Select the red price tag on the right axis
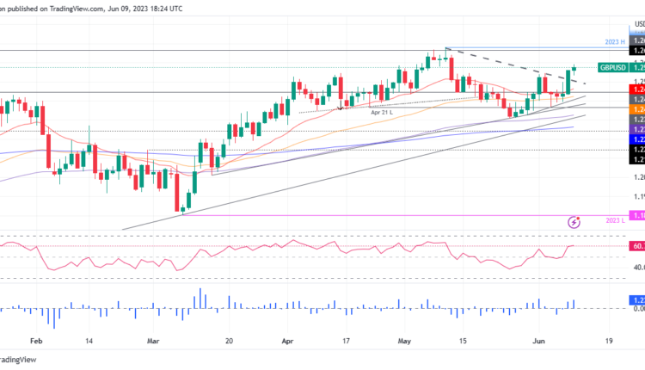[638, 88]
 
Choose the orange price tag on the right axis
[638, 108]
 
